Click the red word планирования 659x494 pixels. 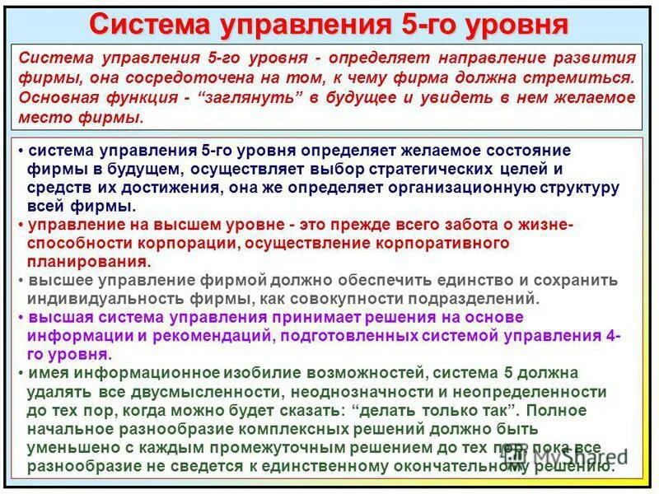tap(88, 262)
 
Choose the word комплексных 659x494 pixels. tap(272, 429)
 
